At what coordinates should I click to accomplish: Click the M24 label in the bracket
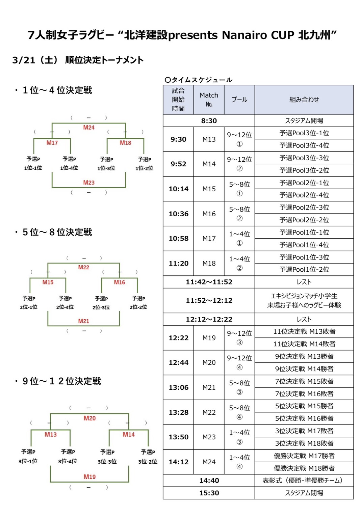[89, 128]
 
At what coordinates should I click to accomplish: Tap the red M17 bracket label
[52, 143]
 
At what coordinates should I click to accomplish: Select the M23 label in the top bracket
[89, 183]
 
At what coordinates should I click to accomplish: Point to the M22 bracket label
[84, 267]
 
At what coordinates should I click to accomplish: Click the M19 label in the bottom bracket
[89, 476]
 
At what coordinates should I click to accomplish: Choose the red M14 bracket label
[129, 434]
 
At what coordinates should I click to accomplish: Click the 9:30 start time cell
[178, 139]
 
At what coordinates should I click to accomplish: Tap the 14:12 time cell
[178, 462]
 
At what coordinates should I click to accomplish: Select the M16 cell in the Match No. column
[209, 214]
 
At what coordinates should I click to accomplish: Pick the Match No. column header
[209, 100]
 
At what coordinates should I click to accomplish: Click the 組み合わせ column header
[304, 100]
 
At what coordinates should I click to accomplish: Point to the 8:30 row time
[209, 121]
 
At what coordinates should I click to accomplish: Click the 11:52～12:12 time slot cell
[209, 300]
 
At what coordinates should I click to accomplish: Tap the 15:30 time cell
[209, 493]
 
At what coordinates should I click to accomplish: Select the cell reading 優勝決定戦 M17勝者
[304, 456]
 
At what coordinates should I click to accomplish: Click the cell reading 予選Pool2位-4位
[304, 195]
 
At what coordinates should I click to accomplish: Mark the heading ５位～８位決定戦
[57, 232]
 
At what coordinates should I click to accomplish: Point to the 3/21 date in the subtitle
[24, 60]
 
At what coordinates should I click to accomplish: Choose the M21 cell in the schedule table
[209, 387]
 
